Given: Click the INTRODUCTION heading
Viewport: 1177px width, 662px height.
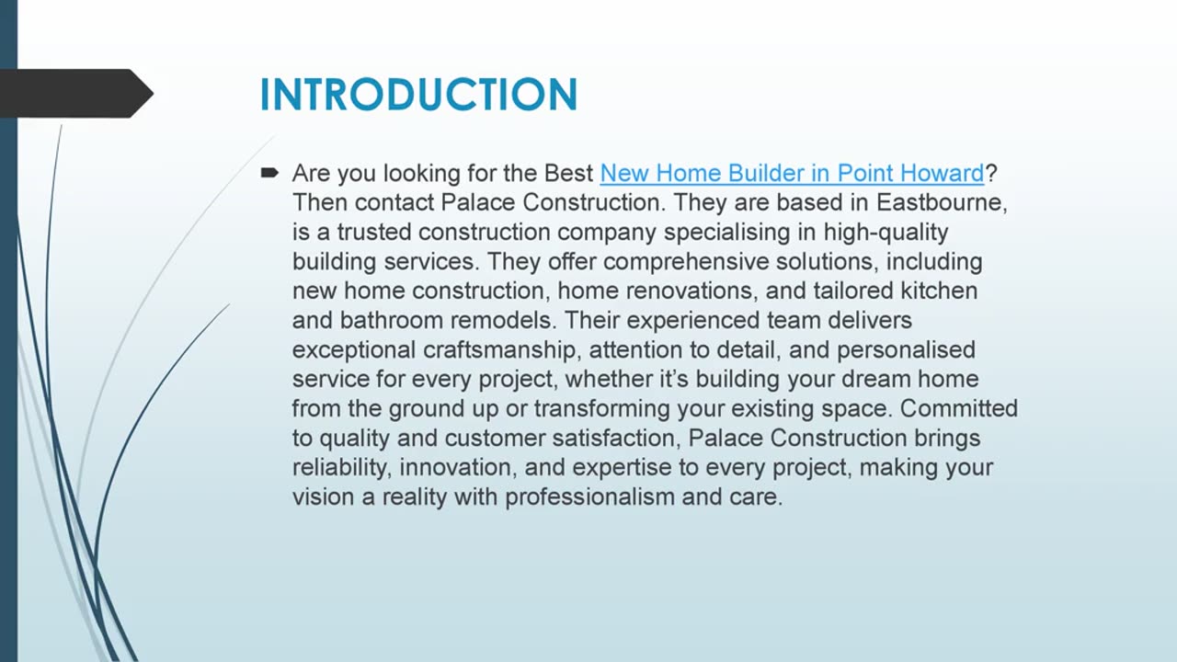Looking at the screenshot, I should (x=418, y=95).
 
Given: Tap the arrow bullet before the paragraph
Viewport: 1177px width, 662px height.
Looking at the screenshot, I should (x=269, y=172).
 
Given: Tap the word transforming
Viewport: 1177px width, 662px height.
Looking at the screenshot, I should (x=600, y=408).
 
